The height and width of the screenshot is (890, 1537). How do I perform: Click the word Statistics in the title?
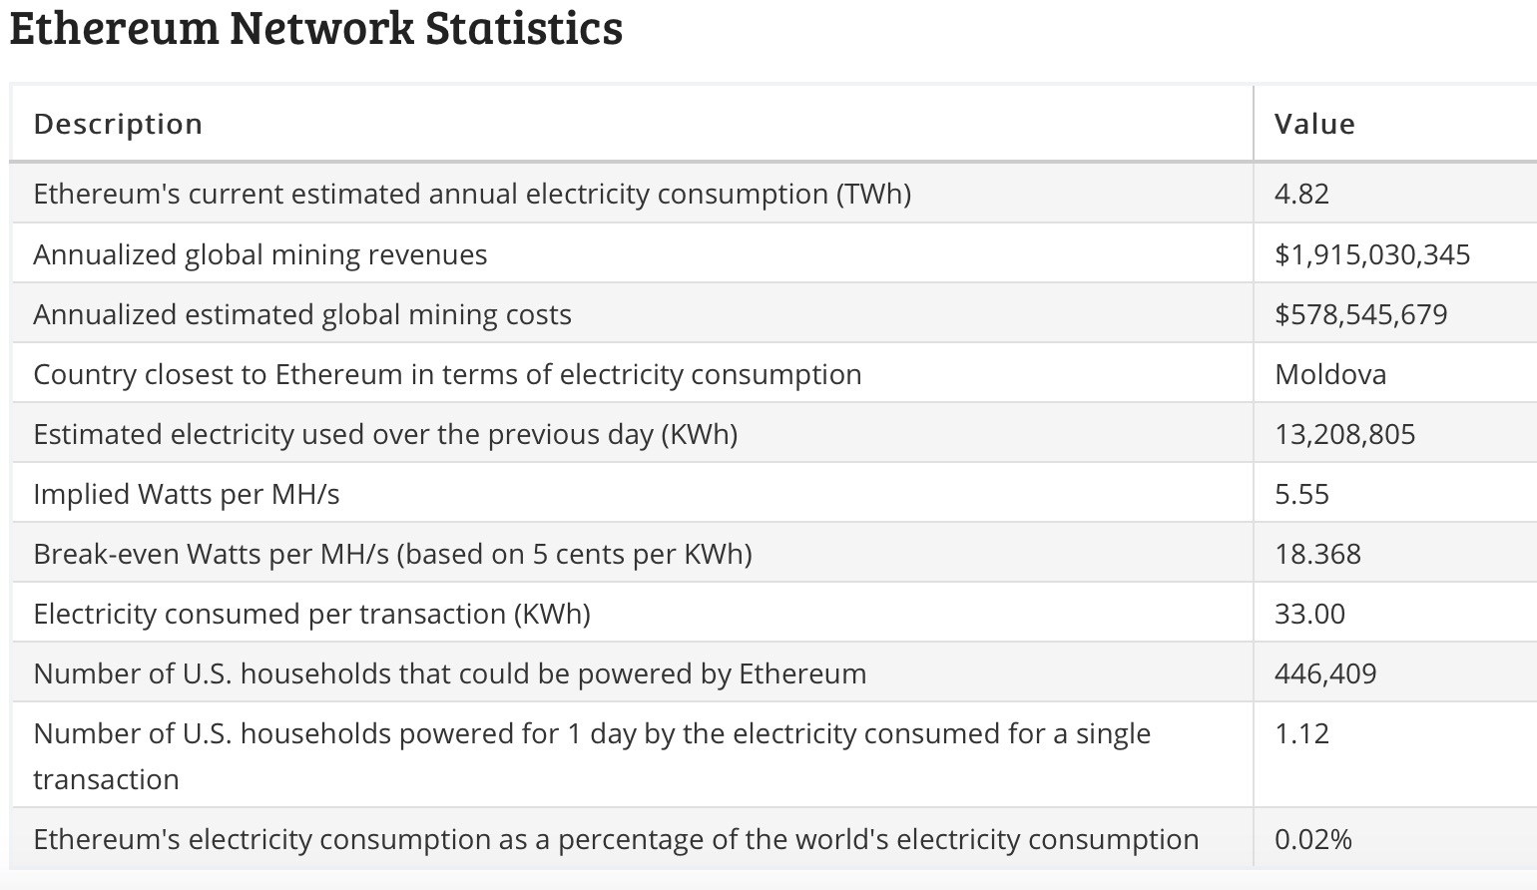tap(524, 28)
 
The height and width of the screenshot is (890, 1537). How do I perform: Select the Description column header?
tap(118, 124)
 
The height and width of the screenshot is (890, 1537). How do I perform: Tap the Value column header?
tap(1314, 124)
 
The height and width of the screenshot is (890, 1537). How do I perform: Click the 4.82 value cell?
tap(1301, 194)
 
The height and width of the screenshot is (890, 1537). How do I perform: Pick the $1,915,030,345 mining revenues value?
tap(1372, 254)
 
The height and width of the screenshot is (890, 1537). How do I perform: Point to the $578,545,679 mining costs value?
tap(1360, 314)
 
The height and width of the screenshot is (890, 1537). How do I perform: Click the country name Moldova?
tap(1330, 375)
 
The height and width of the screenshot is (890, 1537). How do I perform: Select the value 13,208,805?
tap(1345, 434)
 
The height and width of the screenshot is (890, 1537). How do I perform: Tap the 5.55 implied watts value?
tap(1301, 494)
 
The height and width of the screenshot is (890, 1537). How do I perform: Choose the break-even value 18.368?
tap(1317, 554)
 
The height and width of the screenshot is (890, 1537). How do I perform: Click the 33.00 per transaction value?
tap(1309, 614)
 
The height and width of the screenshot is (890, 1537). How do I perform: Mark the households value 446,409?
tap(1325, 673)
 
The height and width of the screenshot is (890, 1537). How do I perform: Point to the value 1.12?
tap(1301, 733)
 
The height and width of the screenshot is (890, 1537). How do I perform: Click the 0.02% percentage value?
tap(1313, 839)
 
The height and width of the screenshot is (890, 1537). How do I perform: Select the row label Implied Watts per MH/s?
tap(187, 494)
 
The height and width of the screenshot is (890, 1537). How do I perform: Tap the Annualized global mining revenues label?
tap(260, 254)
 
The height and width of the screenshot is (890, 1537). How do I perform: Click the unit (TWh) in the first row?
tap(873, 194)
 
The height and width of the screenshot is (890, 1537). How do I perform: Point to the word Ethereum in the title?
tap(115, 28)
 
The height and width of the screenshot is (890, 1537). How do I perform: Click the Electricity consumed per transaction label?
tap(312, 614)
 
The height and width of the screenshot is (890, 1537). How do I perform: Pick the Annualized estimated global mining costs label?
tap(302, 314)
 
